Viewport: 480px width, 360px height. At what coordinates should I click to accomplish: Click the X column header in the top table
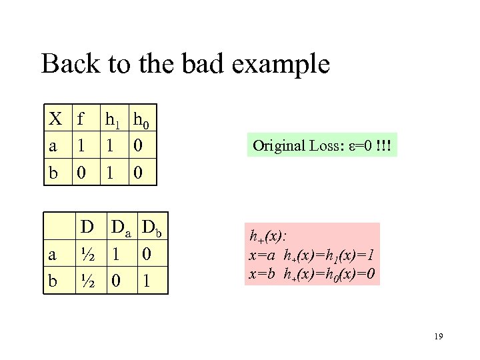(x=55, y=120)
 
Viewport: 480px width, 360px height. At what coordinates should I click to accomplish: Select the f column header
(x=81, y=120)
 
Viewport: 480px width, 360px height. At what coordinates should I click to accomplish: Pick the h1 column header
(x=111, y=121)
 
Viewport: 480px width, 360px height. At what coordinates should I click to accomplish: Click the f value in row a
(x=81, y=146)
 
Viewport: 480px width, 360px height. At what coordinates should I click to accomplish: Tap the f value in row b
(x=81, y=172)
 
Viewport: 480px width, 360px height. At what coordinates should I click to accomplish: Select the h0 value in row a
(x=137, y=146)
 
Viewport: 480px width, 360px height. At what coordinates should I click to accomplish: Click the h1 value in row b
(x=109, y=172)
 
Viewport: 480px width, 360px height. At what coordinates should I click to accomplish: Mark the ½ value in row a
(x=85, y=254)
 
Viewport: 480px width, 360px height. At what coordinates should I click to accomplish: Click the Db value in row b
(x=147, y=280)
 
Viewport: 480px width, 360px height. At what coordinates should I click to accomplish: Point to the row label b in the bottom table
(x=52, y=280)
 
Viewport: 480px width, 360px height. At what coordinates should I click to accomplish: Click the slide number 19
(x=437, y=337)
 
